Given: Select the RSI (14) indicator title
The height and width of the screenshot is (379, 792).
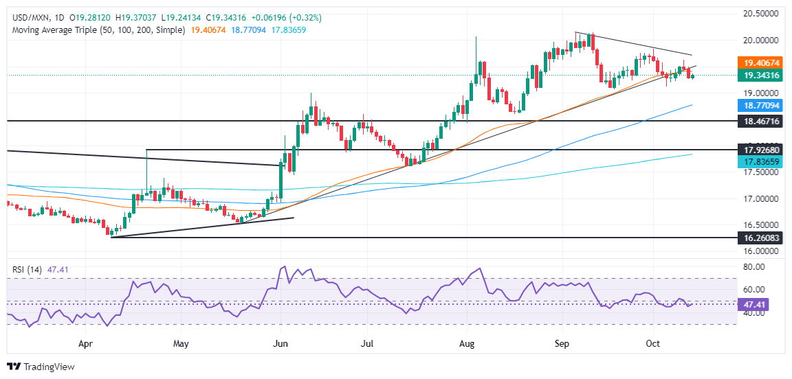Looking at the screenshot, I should pyautogui.click(x=25, y=270).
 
